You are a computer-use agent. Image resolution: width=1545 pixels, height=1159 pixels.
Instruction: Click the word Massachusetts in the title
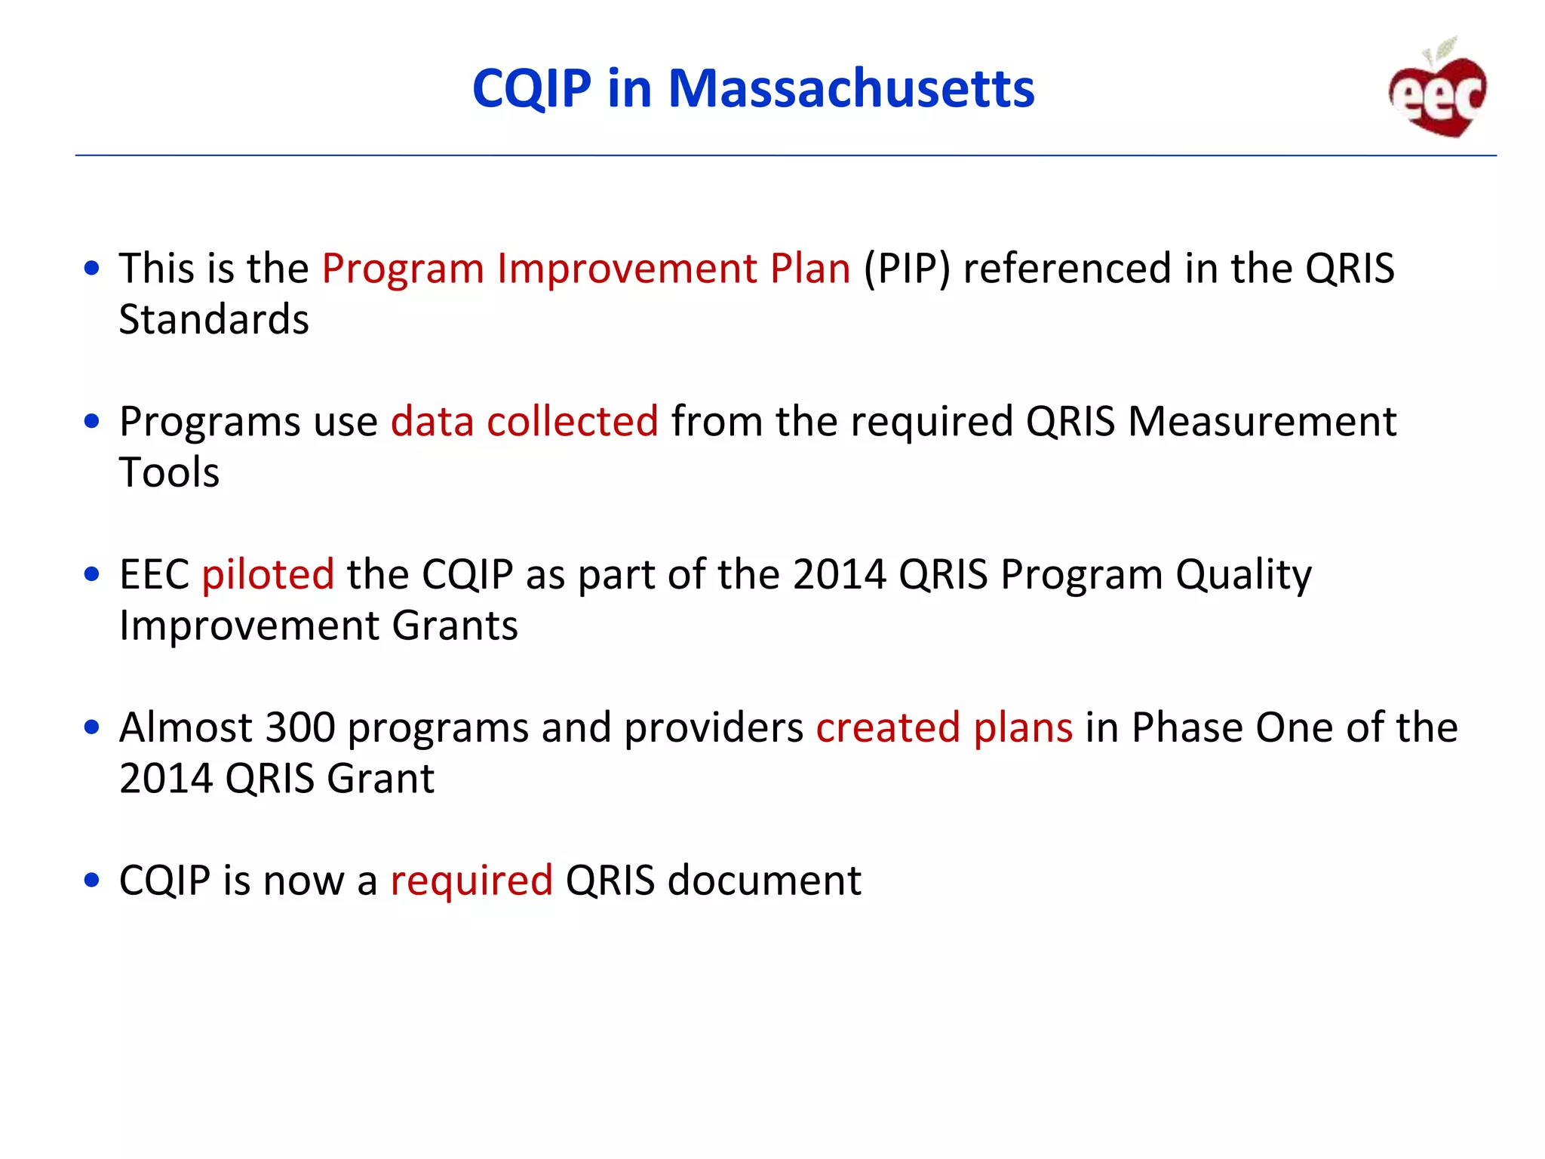(851, 89)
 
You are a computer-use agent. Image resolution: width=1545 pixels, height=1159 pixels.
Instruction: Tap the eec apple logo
(1438, 91)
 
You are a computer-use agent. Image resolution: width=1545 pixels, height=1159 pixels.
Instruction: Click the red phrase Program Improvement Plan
(586, 269)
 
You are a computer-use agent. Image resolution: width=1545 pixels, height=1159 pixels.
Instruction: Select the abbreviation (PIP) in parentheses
(907, 269)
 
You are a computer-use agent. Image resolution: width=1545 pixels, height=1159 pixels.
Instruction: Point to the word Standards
(214, 320)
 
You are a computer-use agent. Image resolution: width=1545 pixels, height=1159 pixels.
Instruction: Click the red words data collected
(524, 421)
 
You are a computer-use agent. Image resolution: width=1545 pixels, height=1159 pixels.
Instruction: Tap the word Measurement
(1261, 421)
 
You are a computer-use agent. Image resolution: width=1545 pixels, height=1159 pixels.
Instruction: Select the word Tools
(169, 473)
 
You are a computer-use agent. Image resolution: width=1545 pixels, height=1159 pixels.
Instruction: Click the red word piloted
(268, 575)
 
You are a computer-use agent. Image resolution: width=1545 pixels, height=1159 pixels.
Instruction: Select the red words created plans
(944, 728)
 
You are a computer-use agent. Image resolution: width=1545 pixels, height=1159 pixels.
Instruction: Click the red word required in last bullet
(471, 881)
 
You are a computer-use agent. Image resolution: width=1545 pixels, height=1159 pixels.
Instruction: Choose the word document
(764, 881)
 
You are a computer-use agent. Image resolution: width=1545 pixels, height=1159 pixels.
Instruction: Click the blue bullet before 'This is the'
(92, 269)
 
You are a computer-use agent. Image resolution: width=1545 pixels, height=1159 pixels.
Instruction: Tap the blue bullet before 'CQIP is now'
(92, 881)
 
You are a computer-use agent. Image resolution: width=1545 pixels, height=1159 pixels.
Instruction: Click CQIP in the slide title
(532, 89)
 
